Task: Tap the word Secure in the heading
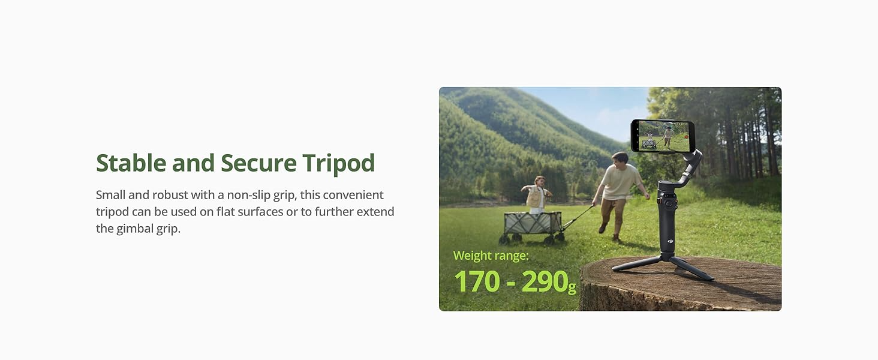[258, 163]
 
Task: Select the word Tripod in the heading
[339, 164]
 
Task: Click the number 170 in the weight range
[477, 281]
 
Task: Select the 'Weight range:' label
[491, 256]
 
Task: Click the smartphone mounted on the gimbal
[663, 136]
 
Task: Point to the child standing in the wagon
[536, 195]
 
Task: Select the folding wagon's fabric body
[533, 223]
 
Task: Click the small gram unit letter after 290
[572, 287]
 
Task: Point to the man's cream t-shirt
[620, 182]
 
